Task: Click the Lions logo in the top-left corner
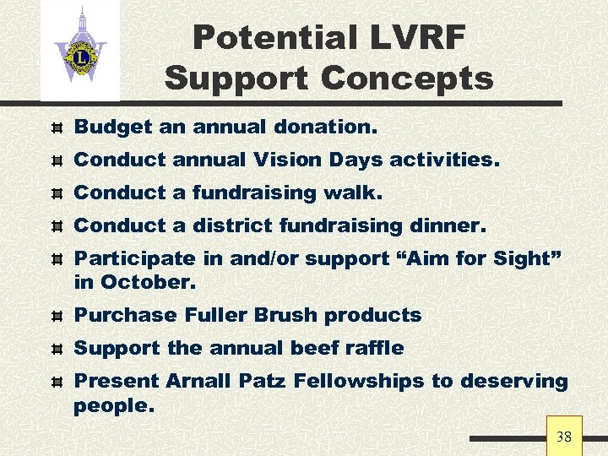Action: pyautogui.click(x=80, y=51)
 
